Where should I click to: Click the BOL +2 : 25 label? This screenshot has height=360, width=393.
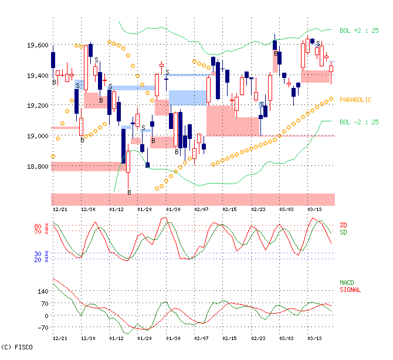click(359, 30)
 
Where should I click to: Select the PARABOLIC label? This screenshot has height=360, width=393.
click(355, 100)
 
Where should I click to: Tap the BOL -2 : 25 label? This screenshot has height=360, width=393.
click(359, 122)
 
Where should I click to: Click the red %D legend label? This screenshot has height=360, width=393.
click(343, 225)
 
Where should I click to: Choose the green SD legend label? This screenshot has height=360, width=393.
click(343, 232)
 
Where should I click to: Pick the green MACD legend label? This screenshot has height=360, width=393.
click(347, 283)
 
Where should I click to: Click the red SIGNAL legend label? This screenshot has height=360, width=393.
click(350, 290)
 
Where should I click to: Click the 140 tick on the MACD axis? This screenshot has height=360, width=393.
click(42, 291)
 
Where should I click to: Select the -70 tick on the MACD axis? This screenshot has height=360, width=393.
click(41, 328)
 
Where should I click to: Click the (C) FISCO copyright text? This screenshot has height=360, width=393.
click(17, 348)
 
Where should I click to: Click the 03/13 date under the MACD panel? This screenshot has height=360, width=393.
click(315, 339)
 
